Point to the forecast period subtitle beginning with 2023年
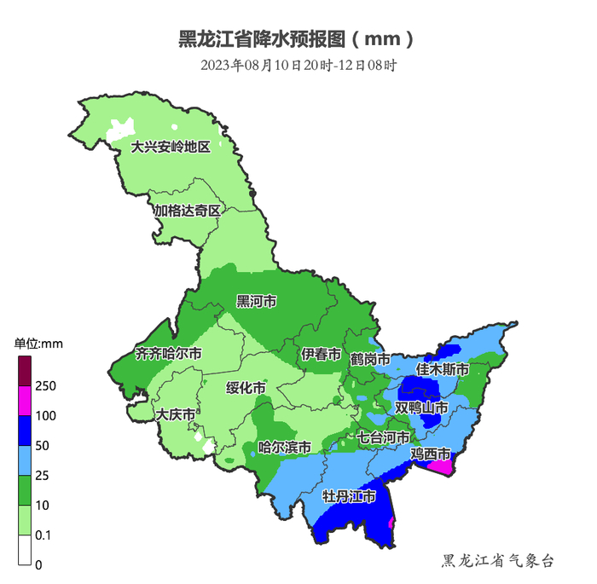click(x=299, y=65)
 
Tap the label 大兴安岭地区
click(x=170, y=147)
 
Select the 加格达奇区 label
click(x=187, y=210)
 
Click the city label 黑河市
click(x=256, y=302)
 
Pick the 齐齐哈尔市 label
click(x=169, y=353)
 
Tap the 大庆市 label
click(x=176, y=414)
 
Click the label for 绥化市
click(x=246, y=388)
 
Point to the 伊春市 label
click(x=321, y=355)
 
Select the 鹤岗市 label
click(x=369, y=360)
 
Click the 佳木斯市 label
click(x=442, y=370)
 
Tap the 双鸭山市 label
click(x=420, y=408)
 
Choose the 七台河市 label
click(x=383, y=437)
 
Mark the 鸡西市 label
click(x=431, y=453)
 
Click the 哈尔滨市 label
click(x=284, y=447)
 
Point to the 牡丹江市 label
click(x=348, y=496)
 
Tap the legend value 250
click(x=47, y=386)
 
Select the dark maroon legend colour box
click(x=26, y=371)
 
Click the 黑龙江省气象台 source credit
click(x=498, y=560)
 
